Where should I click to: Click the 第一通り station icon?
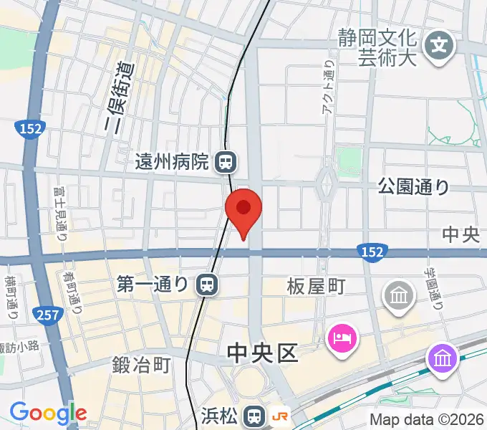coord(206,285)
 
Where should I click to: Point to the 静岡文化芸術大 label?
coord(377,47)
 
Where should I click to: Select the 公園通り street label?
coord(414,188)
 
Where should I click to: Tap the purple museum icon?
coord(441,357)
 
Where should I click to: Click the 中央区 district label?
coord(261,353)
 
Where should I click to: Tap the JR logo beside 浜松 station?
coord(280,416)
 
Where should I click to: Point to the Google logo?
coord(48,413)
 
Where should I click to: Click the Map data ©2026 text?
coord(427,419)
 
